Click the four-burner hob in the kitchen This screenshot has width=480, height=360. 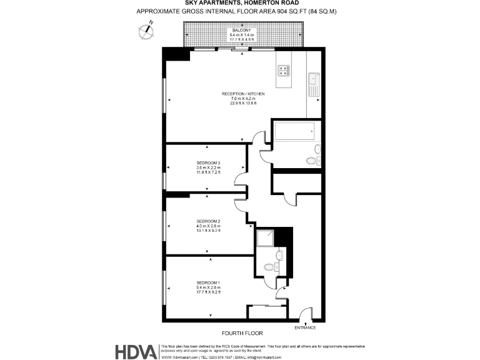pyautogui.click(x=284, y=71)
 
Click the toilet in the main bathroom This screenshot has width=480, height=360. pyautogui.click(x=311, y=161)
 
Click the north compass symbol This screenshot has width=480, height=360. pyautogui.click(x=149, y=28)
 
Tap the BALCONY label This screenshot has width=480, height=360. pyautogui.click(x=241, y=30)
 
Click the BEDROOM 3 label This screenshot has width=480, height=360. pyautogui.click(x=209, y=163)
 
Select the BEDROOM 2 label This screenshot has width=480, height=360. pyautogui.click(x=209, y=221)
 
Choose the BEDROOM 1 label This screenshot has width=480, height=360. pyautogui.click(x=209, y=282)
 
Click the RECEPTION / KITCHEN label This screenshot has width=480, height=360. pyautogui.click(x=243, y=94)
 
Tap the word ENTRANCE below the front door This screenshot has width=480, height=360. pyautogui.click(x=305, y=327)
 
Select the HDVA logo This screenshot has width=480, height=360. pyautogui.click(x=135, y=352)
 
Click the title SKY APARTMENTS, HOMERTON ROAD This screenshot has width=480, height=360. pyautogui.click(x=241, y=3)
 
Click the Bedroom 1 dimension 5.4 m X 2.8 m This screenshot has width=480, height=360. pyautogui.click(x=209, y=287)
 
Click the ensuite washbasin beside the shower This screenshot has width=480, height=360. pyautogui.click(x=281, y=256)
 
